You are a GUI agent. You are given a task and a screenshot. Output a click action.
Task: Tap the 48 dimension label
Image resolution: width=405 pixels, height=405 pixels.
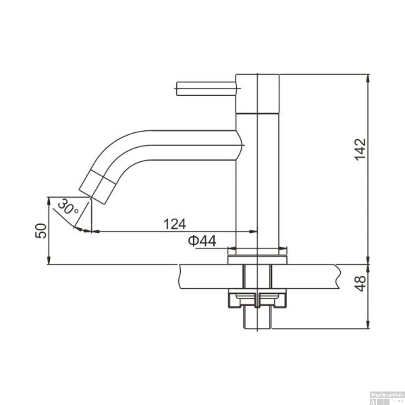pyautogui.click(x=360, y=283)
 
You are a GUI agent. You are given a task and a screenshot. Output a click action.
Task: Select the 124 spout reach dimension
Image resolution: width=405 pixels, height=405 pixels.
pyautogui.click(x=175, y=224)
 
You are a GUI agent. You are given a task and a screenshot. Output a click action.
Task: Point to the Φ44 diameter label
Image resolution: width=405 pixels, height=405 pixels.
pyautogui.click(x=202, y=241)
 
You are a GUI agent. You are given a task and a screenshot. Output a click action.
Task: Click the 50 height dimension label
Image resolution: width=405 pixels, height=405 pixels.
pyautogui.click(x=41, y=231)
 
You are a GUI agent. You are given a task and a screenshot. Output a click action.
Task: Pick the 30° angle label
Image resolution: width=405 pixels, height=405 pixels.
pyautogui.click(x=67, y=207)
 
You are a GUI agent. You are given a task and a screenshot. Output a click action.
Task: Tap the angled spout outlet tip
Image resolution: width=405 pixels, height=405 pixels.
pyautogui.click(x=93, y=194)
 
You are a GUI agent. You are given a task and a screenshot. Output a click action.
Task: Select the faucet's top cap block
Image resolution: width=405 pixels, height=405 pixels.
pyautogui.click(x=257, y=93)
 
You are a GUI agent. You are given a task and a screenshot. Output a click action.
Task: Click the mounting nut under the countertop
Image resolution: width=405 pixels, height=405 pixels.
pyautogui.click(x=257, y=299)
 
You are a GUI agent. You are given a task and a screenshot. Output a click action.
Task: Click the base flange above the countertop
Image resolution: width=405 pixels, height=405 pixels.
pyautogui.click(x=257, y=259)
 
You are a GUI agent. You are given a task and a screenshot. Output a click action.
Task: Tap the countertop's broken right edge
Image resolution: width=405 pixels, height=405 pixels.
pyautogui.click(x=338, y=277)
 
